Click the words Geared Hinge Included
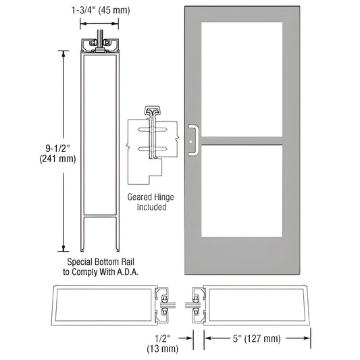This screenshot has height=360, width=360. [146, 202]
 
